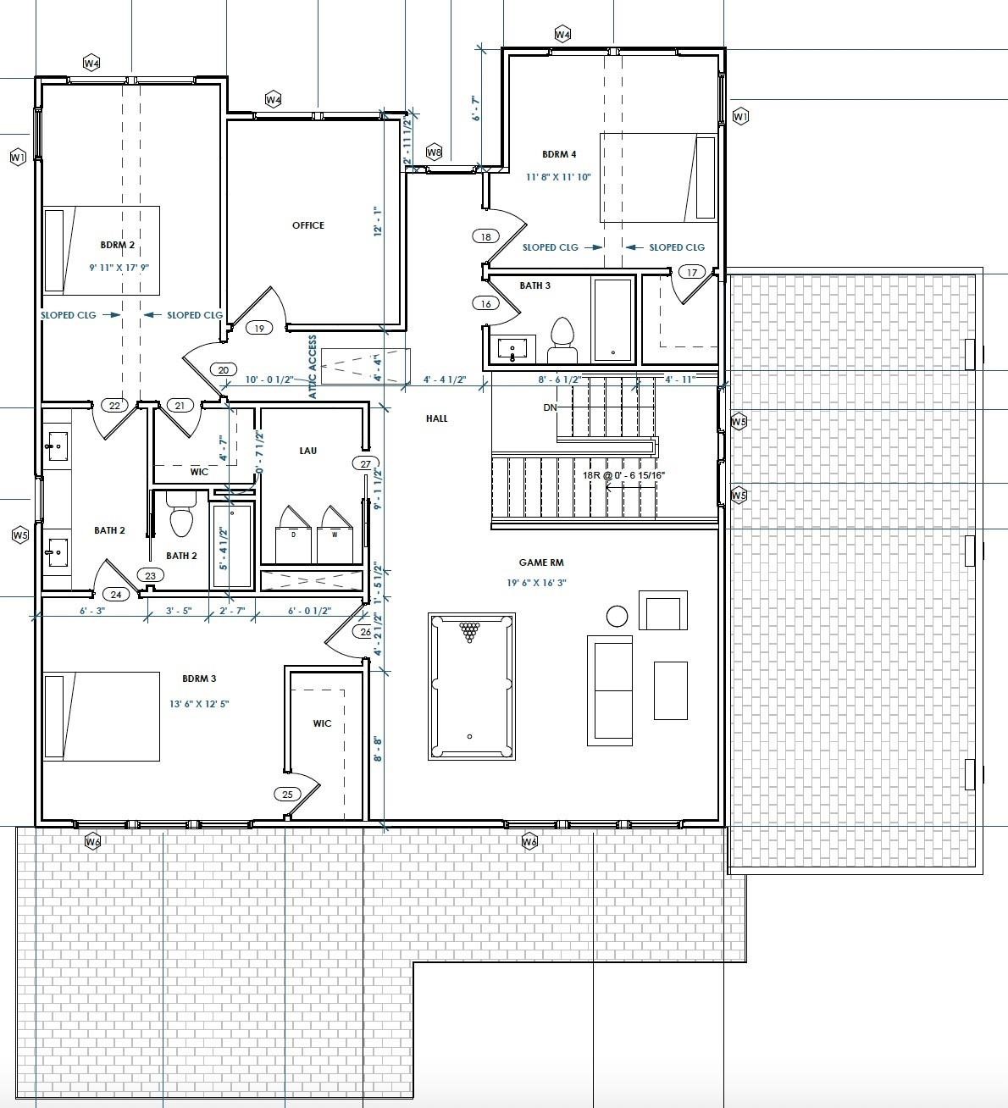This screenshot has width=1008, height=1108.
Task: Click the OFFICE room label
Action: coord(307,225)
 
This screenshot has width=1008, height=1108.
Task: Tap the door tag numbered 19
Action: coord(259,328)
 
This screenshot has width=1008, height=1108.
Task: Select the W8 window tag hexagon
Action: coord(435,152)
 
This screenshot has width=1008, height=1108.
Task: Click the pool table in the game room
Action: coord(471,686)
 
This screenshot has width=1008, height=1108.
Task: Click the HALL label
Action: coord(437,418)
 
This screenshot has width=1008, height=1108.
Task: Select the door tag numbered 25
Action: coord(287,794)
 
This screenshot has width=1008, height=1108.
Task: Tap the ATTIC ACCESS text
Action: coord(313,367)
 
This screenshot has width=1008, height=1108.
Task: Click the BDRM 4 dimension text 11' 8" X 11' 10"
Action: coord(558,177)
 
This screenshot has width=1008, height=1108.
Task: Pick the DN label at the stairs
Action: coord(550,407)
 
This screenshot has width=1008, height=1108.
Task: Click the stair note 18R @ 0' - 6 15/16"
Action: coord(623,476)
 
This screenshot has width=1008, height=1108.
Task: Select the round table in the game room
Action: coord(617,615)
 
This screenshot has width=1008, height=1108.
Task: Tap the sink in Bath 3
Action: coord(513,347)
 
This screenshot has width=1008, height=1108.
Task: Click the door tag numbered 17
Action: coord(692,272)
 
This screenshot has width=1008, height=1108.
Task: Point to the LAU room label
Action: coord(307,451)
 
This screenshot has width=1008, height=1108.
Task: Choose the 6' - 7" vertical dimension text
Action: coord(477,108)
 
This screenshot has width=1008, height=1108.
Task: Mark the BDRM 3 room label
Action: coord(199,679)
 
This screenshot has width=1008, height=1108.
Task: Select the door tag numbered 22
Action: coord(114,406)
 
